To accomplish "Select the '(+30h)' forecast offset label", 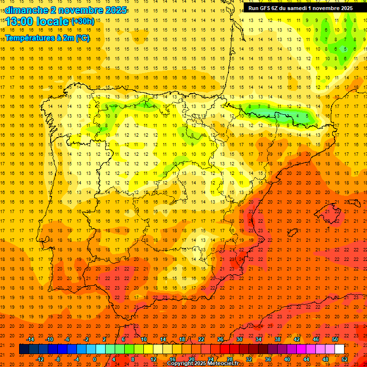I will pos(82,22).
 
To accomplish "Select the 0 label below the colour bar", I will pos(95,359).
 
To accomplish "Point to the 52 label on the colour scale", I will pos(345,359).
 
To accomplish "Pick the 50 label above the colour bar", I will pos(335,339).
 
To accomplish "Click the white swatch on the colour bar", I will pos(339,349).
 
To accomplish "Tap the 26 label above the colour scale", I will pos(220,339).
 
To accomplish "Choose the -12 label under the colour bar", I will pos(40,359).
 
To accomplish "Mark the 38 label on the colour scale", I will pos(278,339).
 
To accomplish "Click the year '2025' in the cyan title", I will pos(111,10).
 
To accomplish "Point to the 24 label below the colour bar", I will pos(211,359).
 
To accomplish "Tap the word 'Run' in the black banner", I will pos(253,8).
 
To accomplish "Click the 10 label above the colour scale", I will pos(144,339).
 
